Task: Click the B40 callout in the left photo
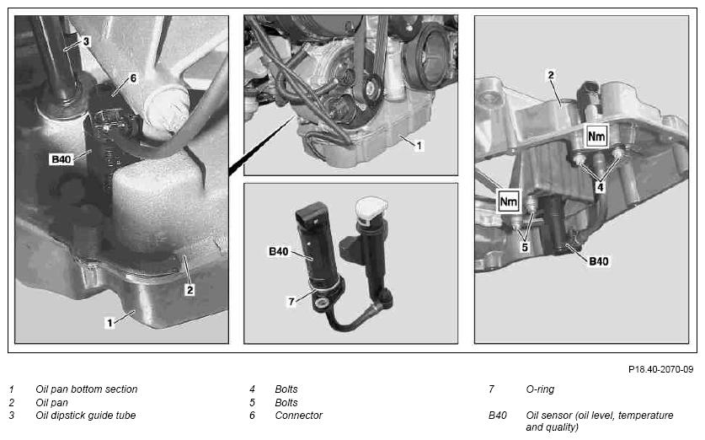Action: (61, 159)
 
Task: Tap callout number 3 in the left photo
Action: (86, 41)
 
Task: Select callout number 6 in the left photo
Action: (133, 78)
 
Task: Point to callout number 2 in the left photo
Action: (190, 290)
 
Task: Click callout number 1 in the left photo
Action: (109, 323)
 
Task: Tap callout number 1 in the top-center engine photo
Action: (419, 146)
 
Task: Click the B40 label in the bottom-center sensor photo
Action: (278, 251)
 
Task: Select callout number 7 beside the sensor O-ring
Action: (291, 302)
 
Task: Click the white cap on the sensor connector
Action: (371, 209)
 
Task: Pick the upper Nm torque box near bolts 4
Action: (596, 136)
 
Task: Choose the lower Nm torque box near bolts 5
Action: (509, 201)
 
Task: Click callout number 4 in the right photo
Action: (600, 187)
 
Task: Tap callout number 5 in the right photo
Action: (525, 247)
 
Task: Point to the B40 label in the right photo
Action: (598, 261)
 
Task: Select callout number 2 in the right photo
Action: (551, 75)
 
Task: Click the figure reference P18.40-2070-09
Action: (660, 369)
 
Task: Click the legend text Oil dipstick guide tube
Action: (85, 416)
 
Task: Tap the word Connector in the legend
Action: (298, 416)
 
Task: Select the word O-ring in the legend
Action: (540, 389)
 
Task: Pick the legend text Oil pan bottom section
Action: (86, 389)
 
